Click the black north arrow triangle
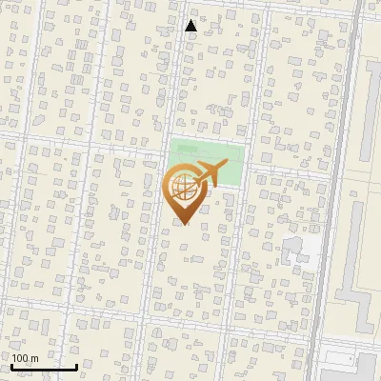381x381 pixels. (x=190, y=26)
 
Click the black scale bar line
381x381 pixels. (x=44, y=367)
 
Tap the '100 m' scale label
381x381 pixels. (x=25, y=358)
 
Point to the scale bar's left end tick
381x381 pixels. (x=11, y=364)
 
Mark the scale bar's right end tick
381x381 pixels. (x=76, y=364)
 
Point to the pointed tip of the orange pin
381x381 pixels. (x=185, y=226)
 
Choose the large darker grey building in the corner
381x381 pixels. (x=349, y=363)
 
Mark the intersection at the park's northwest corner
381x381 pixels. (x=168, y=137)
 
